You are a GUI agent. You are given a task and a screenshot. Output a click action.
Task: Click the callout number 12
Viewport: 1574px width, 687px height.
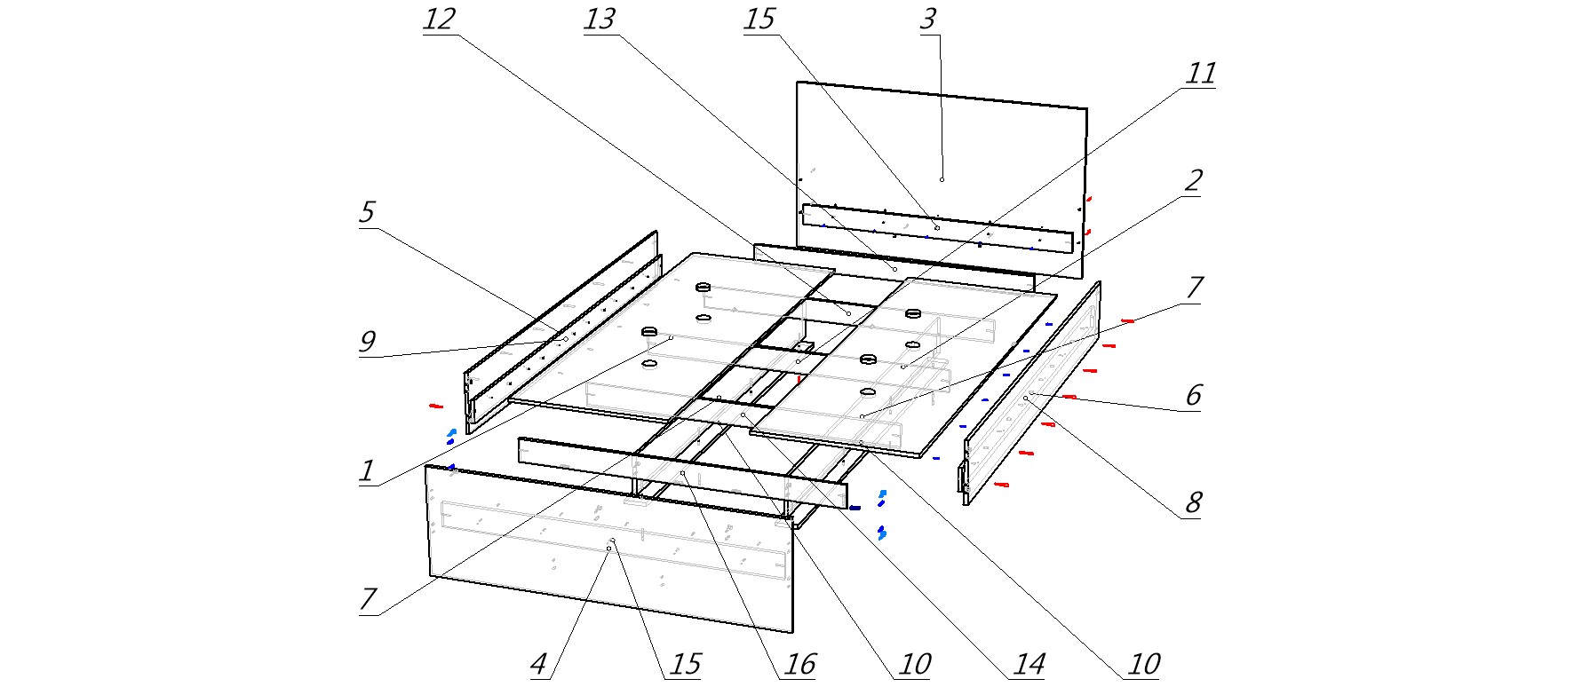coord(438,20)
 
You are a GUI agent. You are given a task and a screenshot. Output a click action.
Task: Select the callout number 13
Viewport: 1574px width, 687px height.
coord(600,20)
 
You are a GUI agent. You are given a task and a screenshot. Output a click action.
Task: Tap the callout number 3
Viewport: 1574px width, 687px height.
coord(927,20)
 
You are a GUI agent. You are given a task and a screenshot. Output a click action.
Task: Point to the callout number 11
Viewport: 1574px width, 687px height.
coord(1201,73)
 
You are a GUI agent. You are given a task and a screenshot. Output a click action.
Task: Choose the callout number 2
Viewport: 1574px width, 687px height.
coord(1193,181)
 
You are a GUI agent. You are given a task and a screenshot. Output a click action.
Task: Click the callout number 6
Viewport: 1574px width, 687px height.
coord(1193,395)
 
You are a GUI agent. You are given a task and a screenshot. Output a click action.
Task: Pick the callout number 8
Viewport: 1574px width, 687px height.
coord(1193,503)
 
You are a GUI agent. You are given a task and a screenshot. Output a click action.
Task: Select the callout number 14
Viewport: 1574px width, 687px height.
coord(1029,664)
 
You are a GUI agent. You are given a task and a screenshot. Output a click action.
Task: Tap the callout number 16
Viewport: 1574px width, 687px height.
coord(799,664)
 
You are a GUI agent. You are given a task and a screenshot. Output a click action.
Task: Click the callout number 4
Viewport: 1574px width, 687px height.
coord(538,664)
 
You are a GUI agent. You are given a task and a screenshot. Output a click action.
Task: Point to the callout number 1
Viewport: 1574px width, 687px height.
coord(366,470)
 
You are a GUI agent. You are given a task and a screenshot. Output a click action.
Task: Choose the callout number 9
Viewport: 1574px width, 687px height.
coord(366,342)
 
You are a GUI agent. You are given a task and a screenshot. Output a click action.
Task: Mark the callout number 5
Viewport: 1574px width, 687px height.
coord(366,212)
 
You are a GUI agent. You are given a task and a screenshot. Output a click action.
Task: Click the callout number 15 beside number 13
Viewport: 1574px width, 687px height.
coord(759,20)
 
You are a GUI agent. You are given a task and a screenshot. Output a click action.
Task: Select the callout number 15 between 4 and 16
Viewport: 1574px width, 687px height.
coord(685,664)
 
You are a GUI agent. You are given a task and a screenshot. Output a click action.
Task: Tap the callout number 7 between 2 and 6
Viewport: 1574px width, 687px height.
coord(1193,288)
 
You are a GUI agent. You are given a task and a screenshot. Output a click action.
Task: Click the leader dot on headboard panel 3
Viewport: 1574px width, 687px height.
coord(942,179)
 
